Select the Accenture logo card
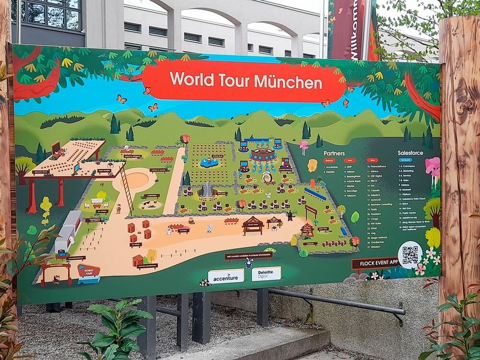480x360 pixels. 226,275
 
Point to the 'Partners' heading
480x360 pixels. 335,153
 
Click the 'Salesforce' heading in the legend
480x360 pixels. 411,154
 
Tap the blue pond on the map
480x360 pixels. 209,162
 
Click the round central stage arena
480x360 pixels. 263,155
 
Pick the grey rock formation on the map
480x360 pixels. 206,190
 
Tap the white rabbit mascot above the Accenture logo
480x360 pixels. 248,262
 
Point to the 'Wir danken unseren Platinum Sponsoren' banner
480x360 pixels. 248,255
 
